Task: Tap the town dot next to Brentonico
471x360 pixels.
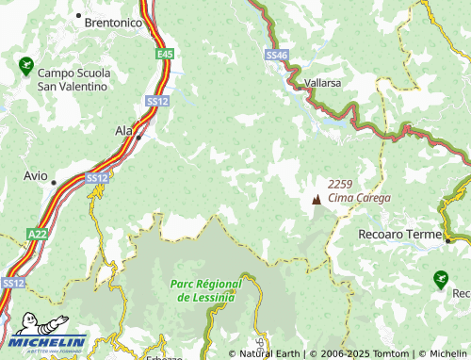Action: (x=79, y=16)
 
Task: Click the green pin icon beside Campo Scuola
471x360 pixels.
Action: (x=25, y=66)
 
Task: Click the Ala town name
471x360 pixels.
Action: (x=123, y=131)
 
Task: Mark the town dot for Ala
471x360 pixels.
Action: (x=139, y=138)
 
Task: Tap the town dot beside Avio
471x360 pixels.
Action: (x=54, y=182)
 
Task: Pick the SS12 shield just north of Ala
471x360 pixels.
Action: (x=156, y=100)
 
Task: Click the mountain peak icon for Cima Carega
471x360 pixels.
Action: (x=316, y=200)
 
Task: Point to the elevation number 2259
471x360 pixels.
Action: (x=341, y=184)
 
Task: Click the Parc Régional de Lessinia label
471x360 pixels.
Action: (x=206, y=290)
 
